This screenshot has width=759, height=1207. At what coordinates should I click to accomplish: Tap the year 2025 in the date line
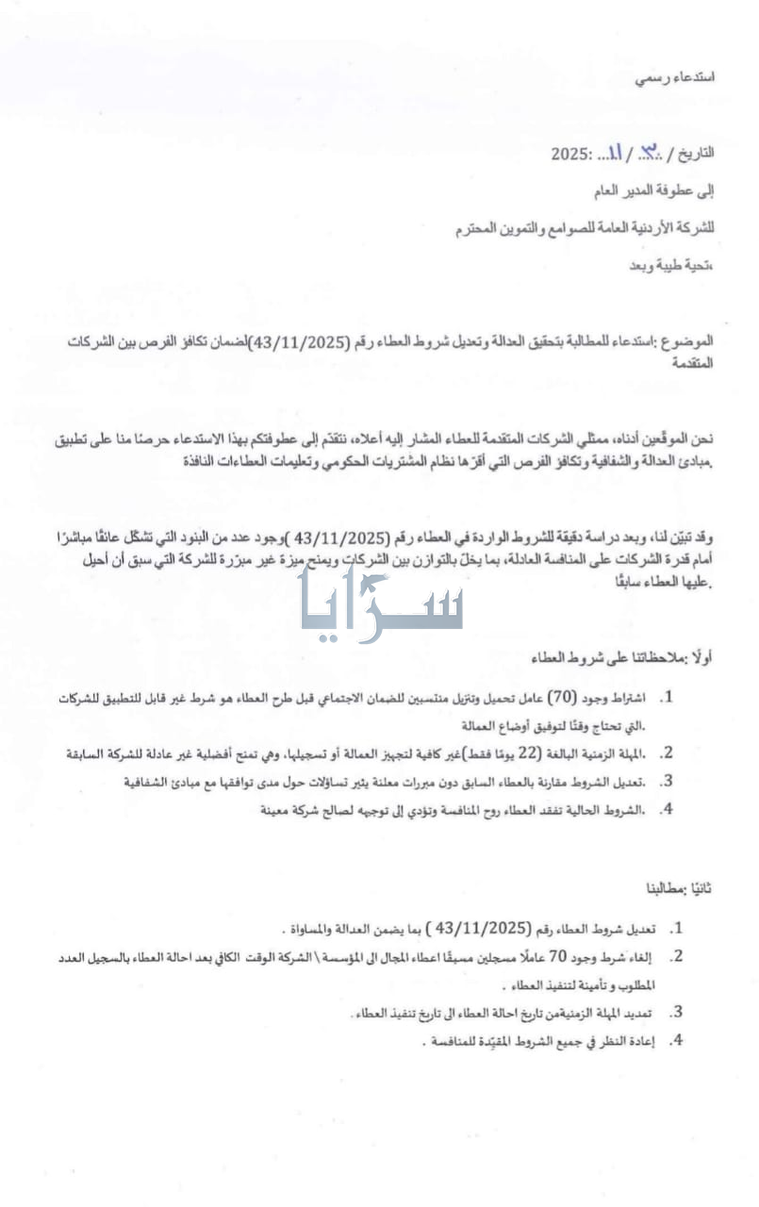570,153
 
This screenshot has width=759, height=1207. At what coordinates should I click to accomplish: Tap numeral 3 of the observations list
666,781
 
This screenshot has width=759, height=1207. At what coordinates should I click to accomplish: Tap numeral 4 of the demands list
675,1042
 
